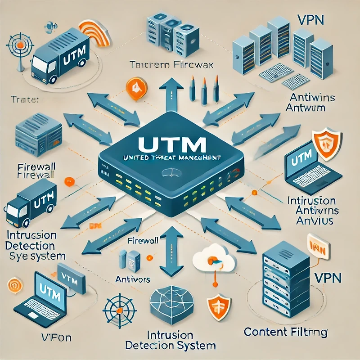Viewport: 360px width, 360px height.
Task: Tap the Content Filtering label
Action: tap(285, 333)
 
